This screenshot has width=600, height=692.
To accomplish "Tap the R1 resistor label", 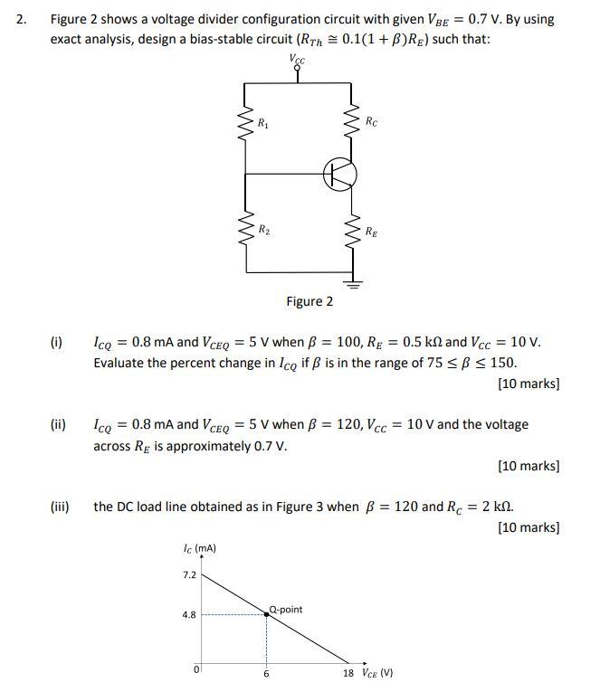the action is point(262,122).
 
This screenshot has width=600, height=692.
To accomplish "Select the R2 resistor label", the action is point(263,230).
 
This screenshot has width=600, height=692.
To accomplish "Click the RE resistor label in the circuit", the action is point(372,232).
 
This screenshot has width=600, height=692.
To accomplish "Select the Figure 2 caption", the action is point(310,301).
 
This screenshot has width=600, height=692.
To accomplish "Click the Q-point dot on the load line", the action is point(266,614).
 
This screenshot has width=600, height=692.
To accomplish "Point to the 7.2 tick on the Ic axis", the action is point(189,574).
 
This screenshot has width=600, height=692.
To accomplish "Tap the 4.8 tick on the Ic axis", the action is point(189,615).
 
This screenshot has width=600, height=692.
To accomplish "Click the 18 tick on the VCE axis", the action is point(349,674).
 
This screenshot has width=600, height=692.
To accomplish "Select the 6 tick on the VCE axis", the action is point(266,675).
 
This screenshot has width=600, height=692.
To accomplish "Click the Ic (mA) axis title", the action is point(199,547).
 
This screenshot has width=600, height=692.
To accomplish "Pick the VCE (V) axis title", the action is point(376,674).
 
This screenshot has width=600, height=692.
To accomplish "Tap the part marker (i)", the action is point(56,343).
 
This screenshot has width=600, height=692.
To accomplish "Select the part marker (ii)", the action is point(58,424).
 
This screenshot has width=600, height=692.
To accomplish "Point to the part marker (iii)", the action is point(60,507).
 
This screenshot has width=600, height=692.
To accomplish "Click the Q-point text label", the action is point(286,609).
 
